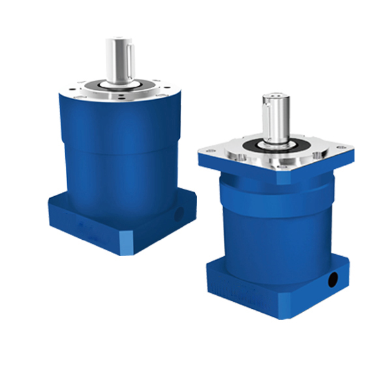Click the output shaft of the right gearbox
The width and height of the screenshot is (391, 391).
tap(274, 117)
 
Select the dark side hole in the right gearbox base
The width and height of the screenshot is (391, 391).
tap(334, 279)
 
